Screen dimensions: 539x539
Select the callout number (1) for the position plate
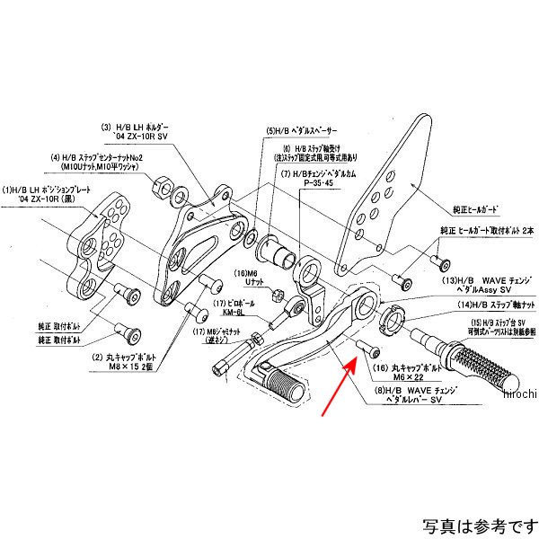7,190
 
